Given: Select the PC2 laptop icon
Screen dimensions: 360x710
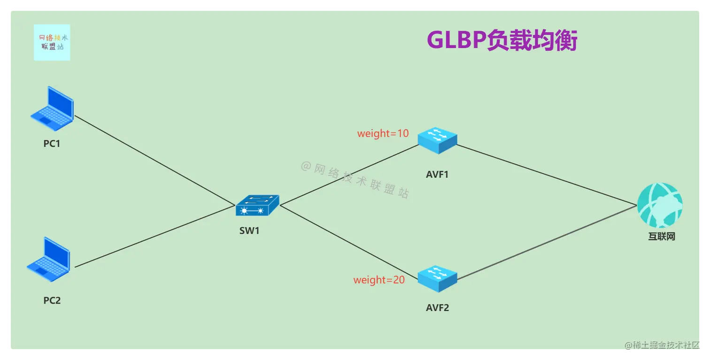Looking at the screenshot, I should click(48, 260).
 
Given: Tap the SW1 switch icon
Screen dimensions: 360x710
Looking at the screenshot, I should click(257, 206).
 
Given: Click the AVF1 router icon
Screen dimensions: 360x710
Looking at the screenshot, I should click(437, 140).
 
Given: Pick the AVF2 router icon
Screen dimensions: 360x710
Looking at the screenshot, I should click(437, 278).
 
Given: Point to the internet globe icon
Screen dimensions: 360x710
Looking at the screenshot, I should click(660, 206).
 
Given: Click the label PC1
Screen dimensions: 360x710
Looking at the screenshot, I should click(52, 144).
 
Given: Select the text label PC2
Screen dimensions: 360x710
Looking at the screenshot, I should click(52, 300).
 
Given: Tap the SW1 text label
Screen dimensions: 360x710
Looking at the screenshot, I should click(249, 231).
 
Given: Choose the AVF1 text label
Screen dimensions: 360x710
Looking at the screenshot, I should click(437, 175).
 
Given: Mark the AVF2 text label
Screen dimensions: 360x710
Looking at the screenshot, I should click(437, 308).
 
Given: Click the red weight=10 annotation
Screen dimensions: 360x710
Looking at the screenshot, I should click(383, 133).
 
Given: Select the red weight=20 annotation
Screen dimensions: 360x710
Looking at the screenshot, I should click(379, 280).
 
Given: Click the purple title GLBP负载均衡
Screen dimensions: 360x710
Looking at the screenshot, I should click(502, 41).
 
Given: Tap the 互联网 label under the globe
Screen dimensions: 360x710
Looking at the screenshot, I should click(661, 237).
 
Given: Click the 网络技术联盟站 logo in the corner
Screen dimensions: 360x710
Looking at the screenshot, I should click(52, 43).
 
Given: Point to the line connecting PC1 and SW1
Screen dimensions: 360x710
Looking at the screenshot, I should click(155, 161).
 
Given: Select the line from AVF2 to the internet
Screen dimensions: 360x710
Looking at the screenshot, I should click(547, 243).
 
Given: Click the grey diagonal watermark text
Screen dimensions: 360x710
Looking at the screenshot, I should click(355, 180).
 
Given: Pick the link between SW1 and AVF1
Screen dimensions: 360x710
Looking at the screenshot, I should click(349, 175).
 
